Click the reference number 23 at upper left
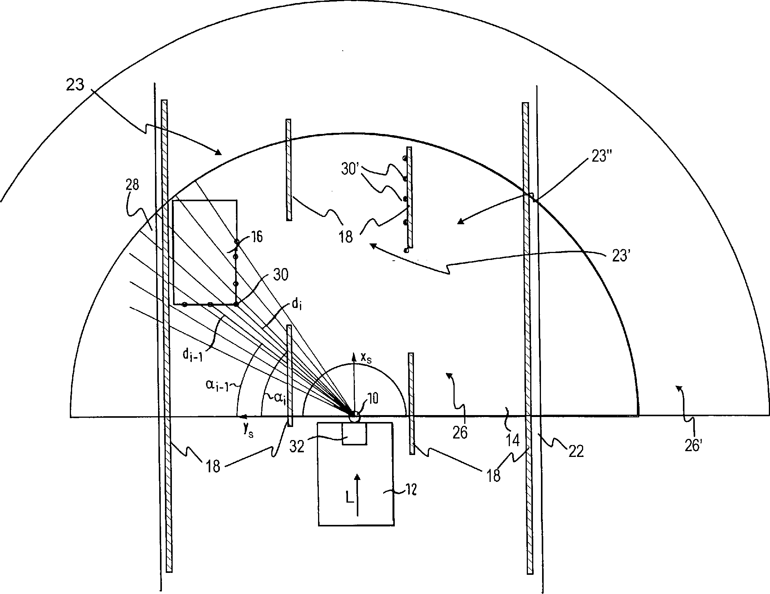tap(75, 85)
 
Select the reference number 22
tap(575, 452)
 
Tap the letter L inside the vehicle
tap(350, 498)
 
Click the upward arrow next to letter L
tap(357, 494)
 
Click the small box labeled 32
tap(354, 434)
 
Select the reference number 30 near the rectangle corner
tap(281, 275)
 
